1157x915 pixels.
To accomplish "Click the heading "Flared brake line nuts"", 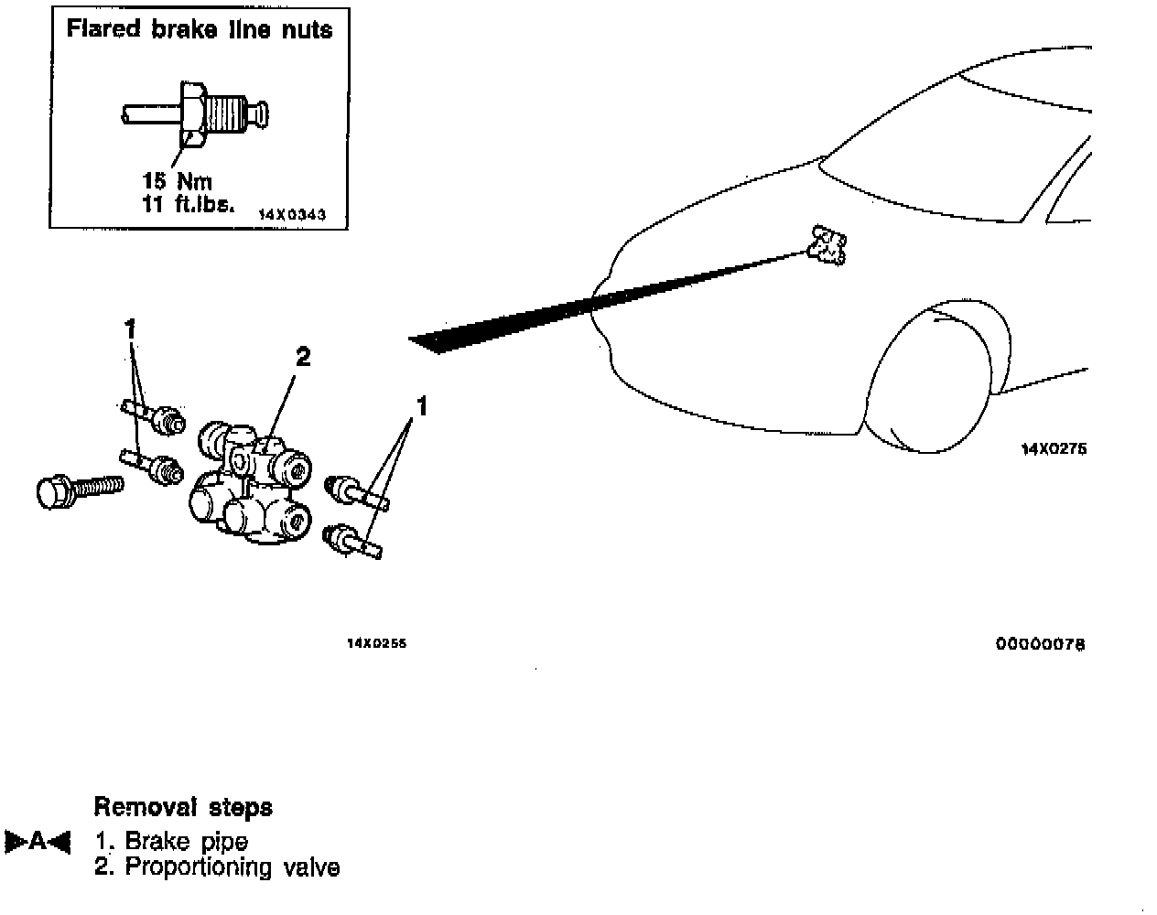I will (200, 29).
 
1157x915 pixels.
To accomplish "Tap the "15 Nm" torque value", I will (178, 181).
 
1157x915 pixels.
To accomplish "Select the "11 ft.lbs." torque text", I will (189, 204).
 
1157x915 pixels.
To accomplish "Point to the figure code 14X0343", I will (290, 214).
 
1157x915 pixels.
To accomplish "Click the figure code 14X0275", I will (1054, 449).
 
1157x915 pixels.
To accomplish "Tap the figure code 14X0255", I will (376, 643).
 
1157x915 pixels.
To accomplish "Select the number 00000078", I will (1041, 644).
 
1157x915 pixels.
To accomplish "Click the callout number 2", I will (303, 356).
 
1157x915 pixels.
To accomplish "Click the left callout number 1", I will (131, 326).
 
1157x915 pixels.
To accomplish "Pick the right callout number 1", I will (422, 404).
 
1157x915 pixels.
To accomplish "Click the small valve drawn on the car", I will (828, 245).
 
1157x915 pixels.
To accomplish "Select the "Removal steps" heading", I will (183, 807).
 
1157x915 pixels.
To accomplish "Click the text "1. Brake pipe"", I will (171, 841).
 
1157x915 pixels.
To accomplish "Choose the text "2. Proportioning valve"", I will (217, 867).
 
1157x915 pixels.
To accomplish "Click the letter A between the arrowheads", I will (38, 841).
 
